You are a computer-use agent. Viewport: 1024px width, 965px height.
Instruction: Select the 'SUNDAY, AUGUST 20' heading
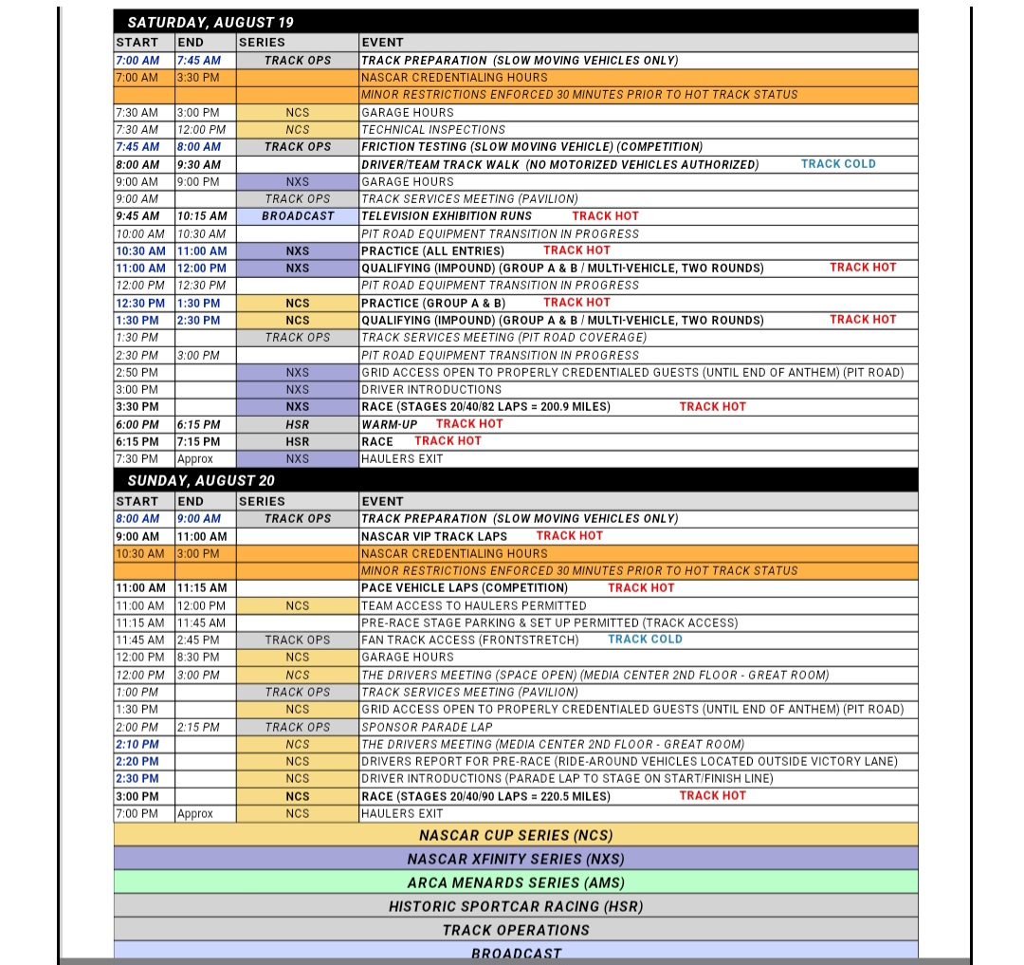[x=201, y=480]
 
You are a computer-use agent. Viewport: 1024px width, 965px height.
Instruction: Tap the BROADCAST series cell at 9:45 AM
[x=298, y=215]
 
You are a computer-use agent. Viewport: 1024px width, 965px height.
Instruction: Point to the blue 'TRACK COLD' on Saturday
[x=838, y=164]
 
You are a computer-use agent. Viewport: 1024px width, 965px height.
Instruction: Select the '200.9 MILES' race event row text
[x=485, y=407]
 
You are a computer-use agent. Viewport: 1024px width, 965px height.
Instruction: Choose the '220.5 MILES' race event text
[x=485, y=796]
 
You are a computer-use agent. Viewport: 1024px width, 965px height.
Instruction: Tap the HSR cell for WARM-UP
[x=298, y=424]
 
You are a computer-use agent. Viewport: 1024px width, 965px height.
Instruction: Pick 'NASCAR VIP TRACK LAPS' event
[x=434, y=536]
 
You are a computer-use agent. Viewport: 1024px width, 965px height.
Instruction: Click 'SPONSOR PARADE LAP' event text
[x=427, y=727]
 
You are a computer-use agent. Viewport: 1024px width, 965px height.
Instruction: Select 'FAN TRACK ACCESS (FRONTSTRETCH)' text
[x=469, y=640]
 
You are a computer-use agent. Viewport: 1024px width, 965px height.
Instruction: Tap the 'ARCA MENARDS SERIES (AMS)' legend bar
[x=516, y=882]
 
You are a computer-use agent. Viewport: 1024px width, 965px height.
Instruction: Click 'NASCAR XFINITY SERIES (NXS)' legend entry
[x=516, y=859]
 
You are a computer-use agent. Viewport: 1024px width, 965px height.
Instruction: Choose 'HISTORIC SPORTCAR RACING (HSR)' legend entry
[x=516, y=906]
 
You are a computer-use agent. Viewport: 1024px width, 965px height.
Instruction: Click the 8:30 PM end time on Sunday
[x=200, y=658]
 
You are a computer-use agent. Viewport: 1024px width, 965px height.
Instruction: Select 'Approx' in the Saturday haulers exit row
[x=195, y=459]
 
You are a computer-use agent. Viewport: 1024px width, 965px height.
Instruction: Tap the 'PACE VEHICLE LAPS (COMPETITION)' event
[x=465, y=588]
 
